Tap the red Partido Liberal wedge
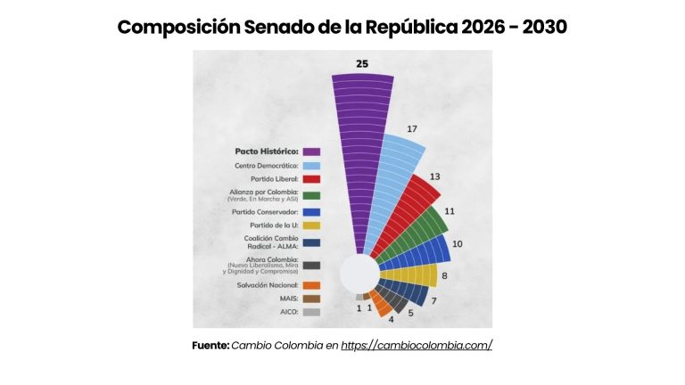point(409,218)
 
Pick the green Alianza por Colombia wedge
point(420,235)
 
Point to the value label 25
point(362,64)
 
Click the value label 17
point(412,129)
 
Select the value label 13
point(434,176)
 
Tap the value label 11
point(450,211)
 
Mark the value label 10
point(457,243)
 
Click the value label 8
point(444,276)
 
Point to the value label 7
point(433,301)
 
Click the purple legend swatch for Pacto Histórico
point(311,151)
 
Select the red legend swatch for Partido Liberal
point(311,179)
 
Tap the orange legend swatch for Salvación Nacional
point(311,285)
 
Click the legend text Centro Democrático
point(266,165)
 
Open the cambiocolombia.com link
point(417,345)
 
